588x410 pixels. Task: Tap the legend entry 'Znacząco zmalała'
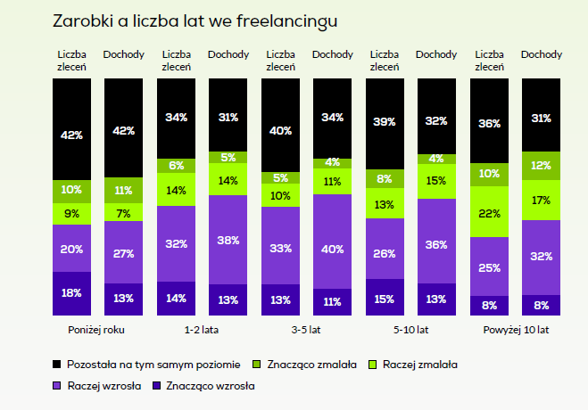pyautogui.click(x=311, y=364)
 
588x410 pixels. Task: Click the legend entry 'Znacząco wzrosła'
pyautogui.click(x=211, y=386)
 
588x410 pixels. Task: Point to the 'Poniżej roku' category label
pyautogui.click(x=97, y=329)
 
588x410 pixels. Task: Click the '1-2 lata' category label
pyautogui.click(x=203, y=329)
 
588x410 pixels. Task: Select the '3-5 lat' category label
pyautogui.click(x=306, y=329)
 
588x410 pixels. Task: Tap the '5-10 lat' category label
pyautogui.click(x=410, y=329)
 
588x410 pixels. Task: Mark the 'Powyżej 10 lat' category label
pyautogui.click(x=516, y=329)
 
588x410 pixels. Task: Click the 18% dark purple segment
pyautogui.click(x=71, y=293)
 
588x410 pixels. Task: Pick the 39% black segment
pyautogui.click(x=385, y=121)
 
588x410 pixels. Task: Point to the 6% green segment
pyautogui.click(x=176, y=166)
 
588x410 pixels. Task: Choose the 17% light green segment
pyautogui.click(x=541, y=201)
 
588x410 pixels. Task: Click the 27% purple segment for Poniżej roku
pyautogui.click(x=123, y=252)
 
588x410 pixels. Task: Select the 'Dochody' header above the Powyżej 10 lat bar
pyautogui.click(x=541, y=55)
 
